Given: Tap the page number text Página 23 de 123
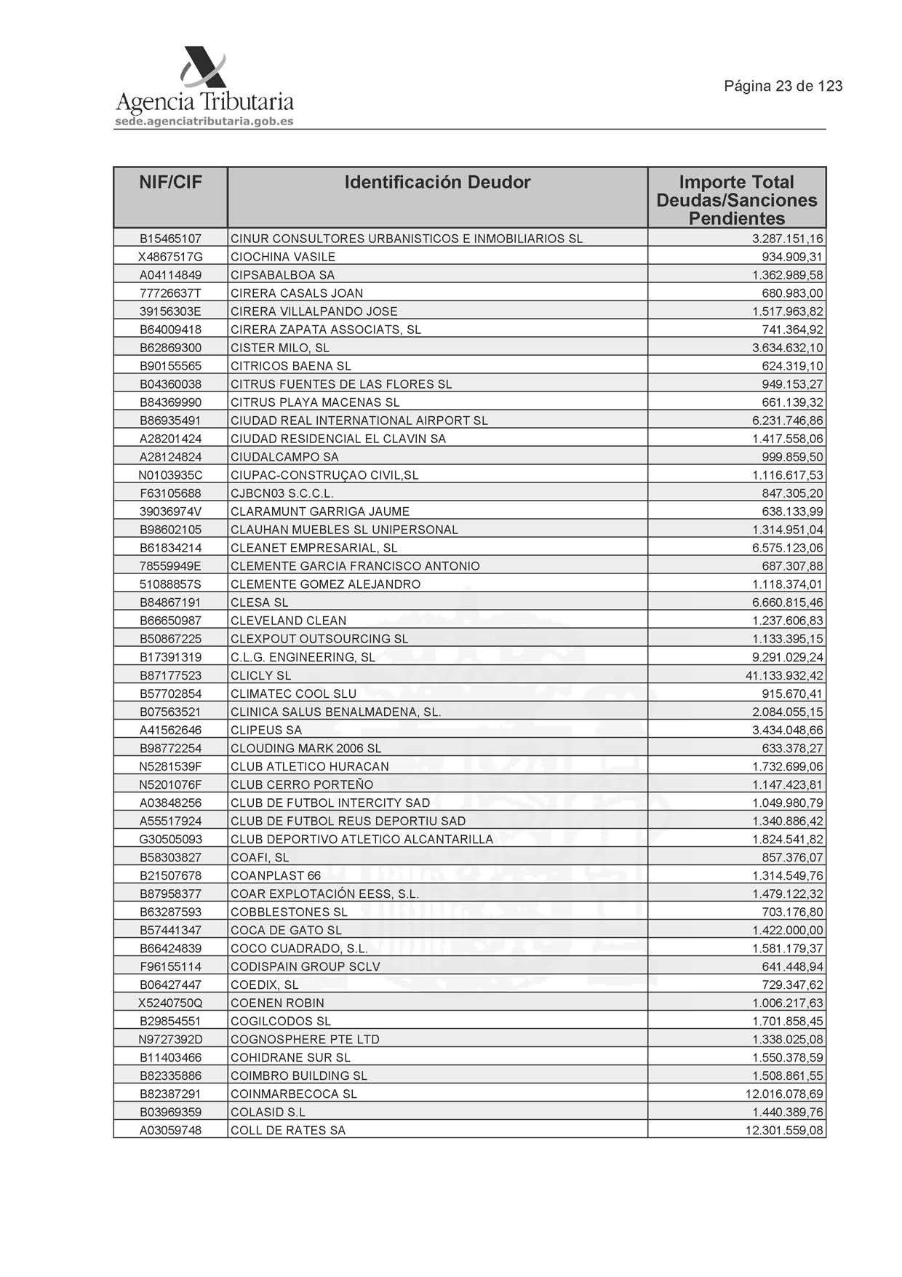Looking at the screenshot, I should pyautogui.click(x=783, y=87).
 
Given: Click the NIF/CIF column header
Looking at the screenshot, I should pyautogui.click(x=170, y=183).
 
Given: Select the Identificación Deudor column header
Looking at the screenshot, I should pyautogui.click(x=437, y=183).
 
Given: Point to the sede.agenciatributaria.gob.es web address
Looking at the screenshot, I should pyautogui.click(x=204, y=122).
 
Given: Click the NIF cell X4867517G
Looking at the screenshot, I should pyautogui.click(x=170, y=257).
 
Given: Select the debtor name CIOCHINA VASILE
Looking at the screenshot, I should pyautogui.click(x=283, y=257).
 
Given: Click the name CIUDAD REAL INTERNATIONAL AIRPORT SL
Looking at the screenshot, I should pyautogui.click(x=359, y=421).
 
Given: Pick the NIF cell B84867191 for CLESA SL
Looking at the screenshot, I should pyautogui.click(x=170, y=602).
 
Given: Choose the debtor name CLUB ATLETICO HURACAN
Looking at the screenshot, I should pyautogui.click(x=309, y=766).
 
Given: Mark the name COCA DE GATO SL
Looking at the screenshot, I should pyautogui.click(x=286, y=930).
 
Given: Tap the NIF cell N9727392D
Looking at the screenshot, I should pyautogui.click(x=170, y=1039).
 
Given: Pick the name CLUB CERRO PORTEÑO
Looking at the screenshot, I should pyautogui.click(x=301, y=784).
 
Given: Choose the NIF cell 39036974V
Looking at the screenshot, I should pyautogui.click(x=170, y=512).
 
